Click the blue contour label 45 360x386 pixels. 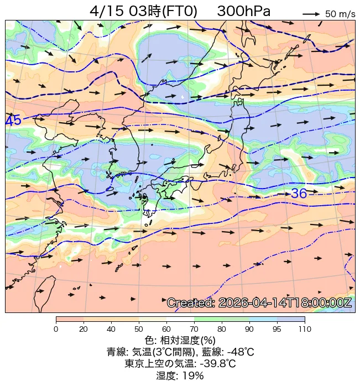tap(13, 121)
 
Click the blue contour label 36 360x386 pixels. tap(299, 194)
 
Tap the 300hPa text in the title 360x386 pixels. tap(244, 11)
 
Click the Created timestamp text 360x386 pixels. tap(259, 303)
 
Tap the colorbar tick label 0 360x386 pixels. tap(56, 330)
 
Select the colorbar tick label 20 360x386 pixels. tap(84, 330)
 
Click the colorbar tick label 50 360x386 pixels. tap(139, 330)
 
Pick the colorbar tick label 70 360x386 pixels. tap(194, 330)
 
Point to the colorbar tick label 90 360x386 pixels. tap(249, 330)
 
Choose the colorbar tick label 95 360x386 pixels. tap(277, 330)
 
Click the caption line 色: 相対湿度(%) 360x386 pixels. tap(180, 340)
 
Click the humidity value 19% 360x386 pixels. tap(194, 375)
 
